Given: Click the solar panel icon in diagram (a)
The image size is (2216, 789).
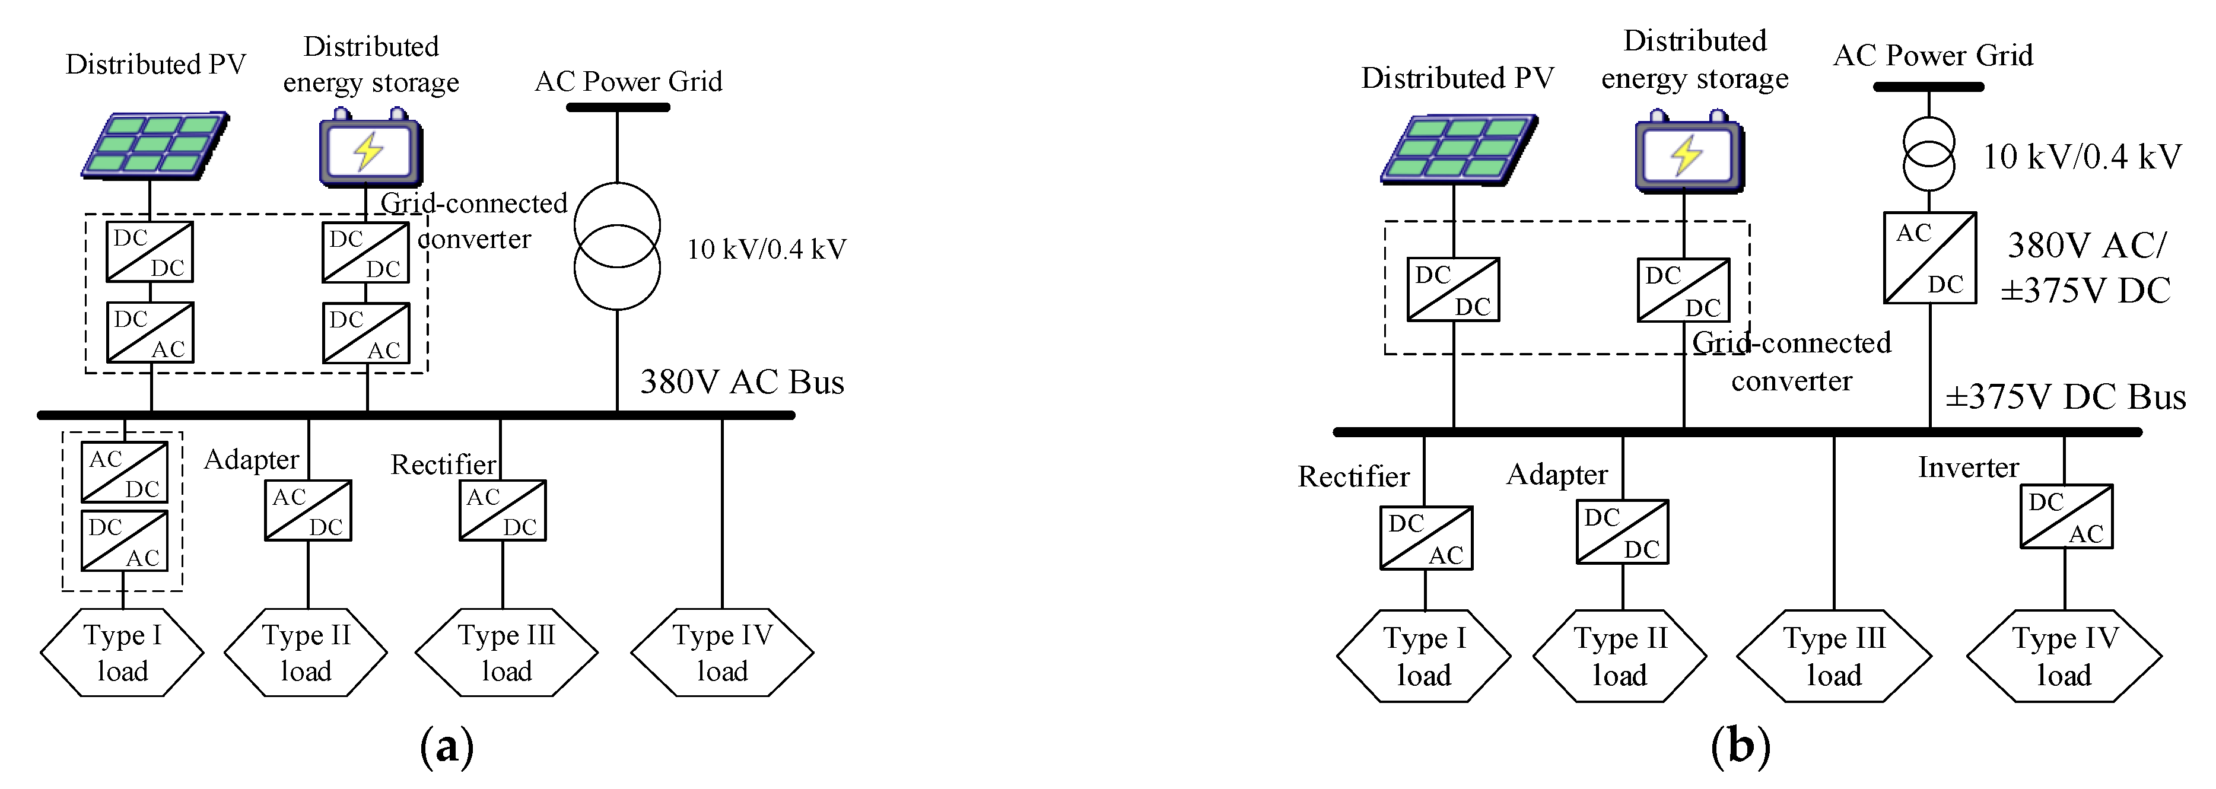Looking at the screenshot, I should coord(155,145).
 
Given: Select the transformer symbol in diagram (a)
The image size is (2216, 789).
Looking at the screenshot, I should coord(617,246).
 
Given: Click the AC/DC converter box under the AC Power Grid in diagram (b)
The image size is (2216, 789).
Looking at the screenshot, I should coord(1929,258).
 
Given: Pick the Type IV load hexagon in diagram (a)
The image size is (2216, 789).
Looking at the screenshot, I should coord(721,652).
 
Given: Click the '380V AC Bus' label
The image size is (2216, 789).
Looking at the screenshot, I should coord(742,382).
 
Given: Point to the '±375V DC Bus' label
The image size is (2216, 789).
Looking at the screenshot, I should coord(2065,397).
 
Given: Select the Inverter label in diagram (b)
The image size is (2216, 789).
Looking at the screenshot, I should coord(1967,467).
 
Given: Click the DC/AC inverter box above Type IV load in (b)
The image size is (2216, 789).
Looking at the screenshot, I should coord(2065,516).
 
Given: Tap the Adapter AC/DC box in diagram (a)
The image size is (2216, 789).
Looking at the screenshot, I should coord(307,510).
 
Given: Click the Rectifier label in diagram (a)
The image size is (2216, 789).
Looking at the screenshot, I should coord(443,465).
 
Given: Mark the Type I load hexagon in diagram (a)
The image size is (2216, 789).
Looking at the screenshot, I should coord(122,652).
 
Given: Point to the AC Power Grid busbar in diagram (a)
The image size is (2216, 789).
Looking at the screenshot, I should coord(617,107).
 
